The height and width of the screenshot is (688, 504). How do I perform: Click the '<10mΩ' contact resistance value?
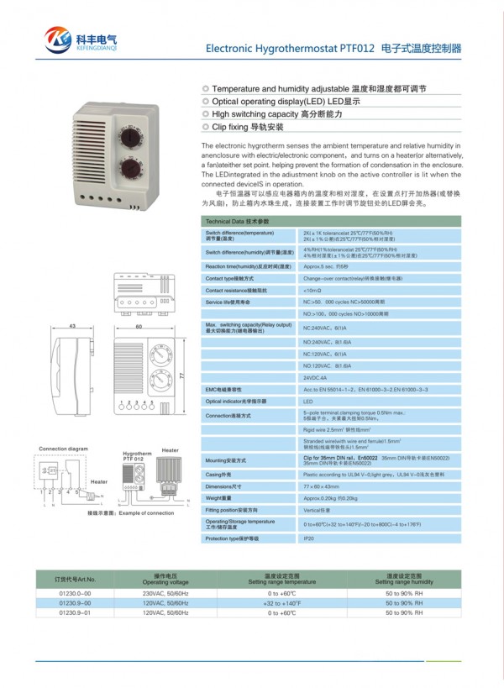pyautogui.click(x=313, y=290)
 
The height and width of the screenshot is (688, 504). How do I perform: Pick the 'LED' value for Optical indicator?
pyautogui.click(x=308, y=402)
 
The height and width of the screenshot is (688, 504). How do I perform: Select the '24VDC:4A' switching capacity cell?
pyautogui.click(x=316, y=378)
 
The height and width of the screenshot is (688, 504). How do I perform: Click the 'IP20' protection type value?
pyautogui.click(x=308, y=538)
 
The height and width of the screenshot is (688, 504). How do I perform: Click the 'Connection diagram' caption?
pyautogui.click(x=63, y=449)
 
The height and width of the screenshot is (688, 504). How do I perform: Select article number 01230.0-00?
pyautogui.click(x=75, y=593)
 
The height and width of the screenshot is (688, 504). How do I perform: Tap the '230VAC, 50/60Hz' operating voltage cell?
pyautogui.click(x=165, y=593)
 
